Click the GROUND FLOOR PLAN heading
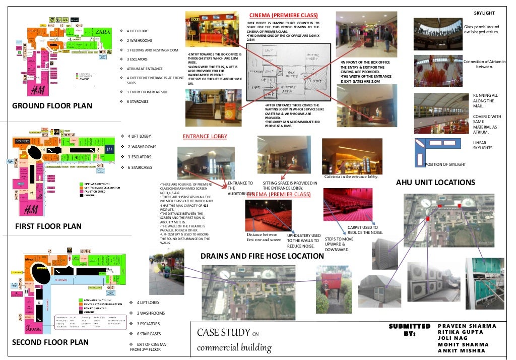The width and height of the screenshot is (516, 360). (52, 106)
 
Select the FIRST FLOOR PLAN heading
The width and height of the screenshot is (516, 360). (48, 226)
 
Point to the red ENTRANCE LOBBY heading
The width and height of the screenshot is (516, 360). (205, 136)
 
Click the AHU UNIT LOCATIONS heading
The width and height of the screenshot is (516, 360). (435, 182)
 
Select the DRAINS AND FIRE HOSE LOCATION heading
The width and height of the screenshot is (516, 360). (262, 256)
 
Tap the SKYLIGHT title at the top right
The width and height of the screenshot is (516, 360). (485, 12)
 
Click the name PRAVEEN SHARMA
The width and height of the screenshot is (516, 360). (467, 326)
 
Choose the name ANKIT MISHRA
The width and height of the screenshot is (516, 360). (461, 350)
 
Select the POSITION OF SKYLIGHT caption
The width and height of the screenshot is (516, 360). (446, 165)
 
